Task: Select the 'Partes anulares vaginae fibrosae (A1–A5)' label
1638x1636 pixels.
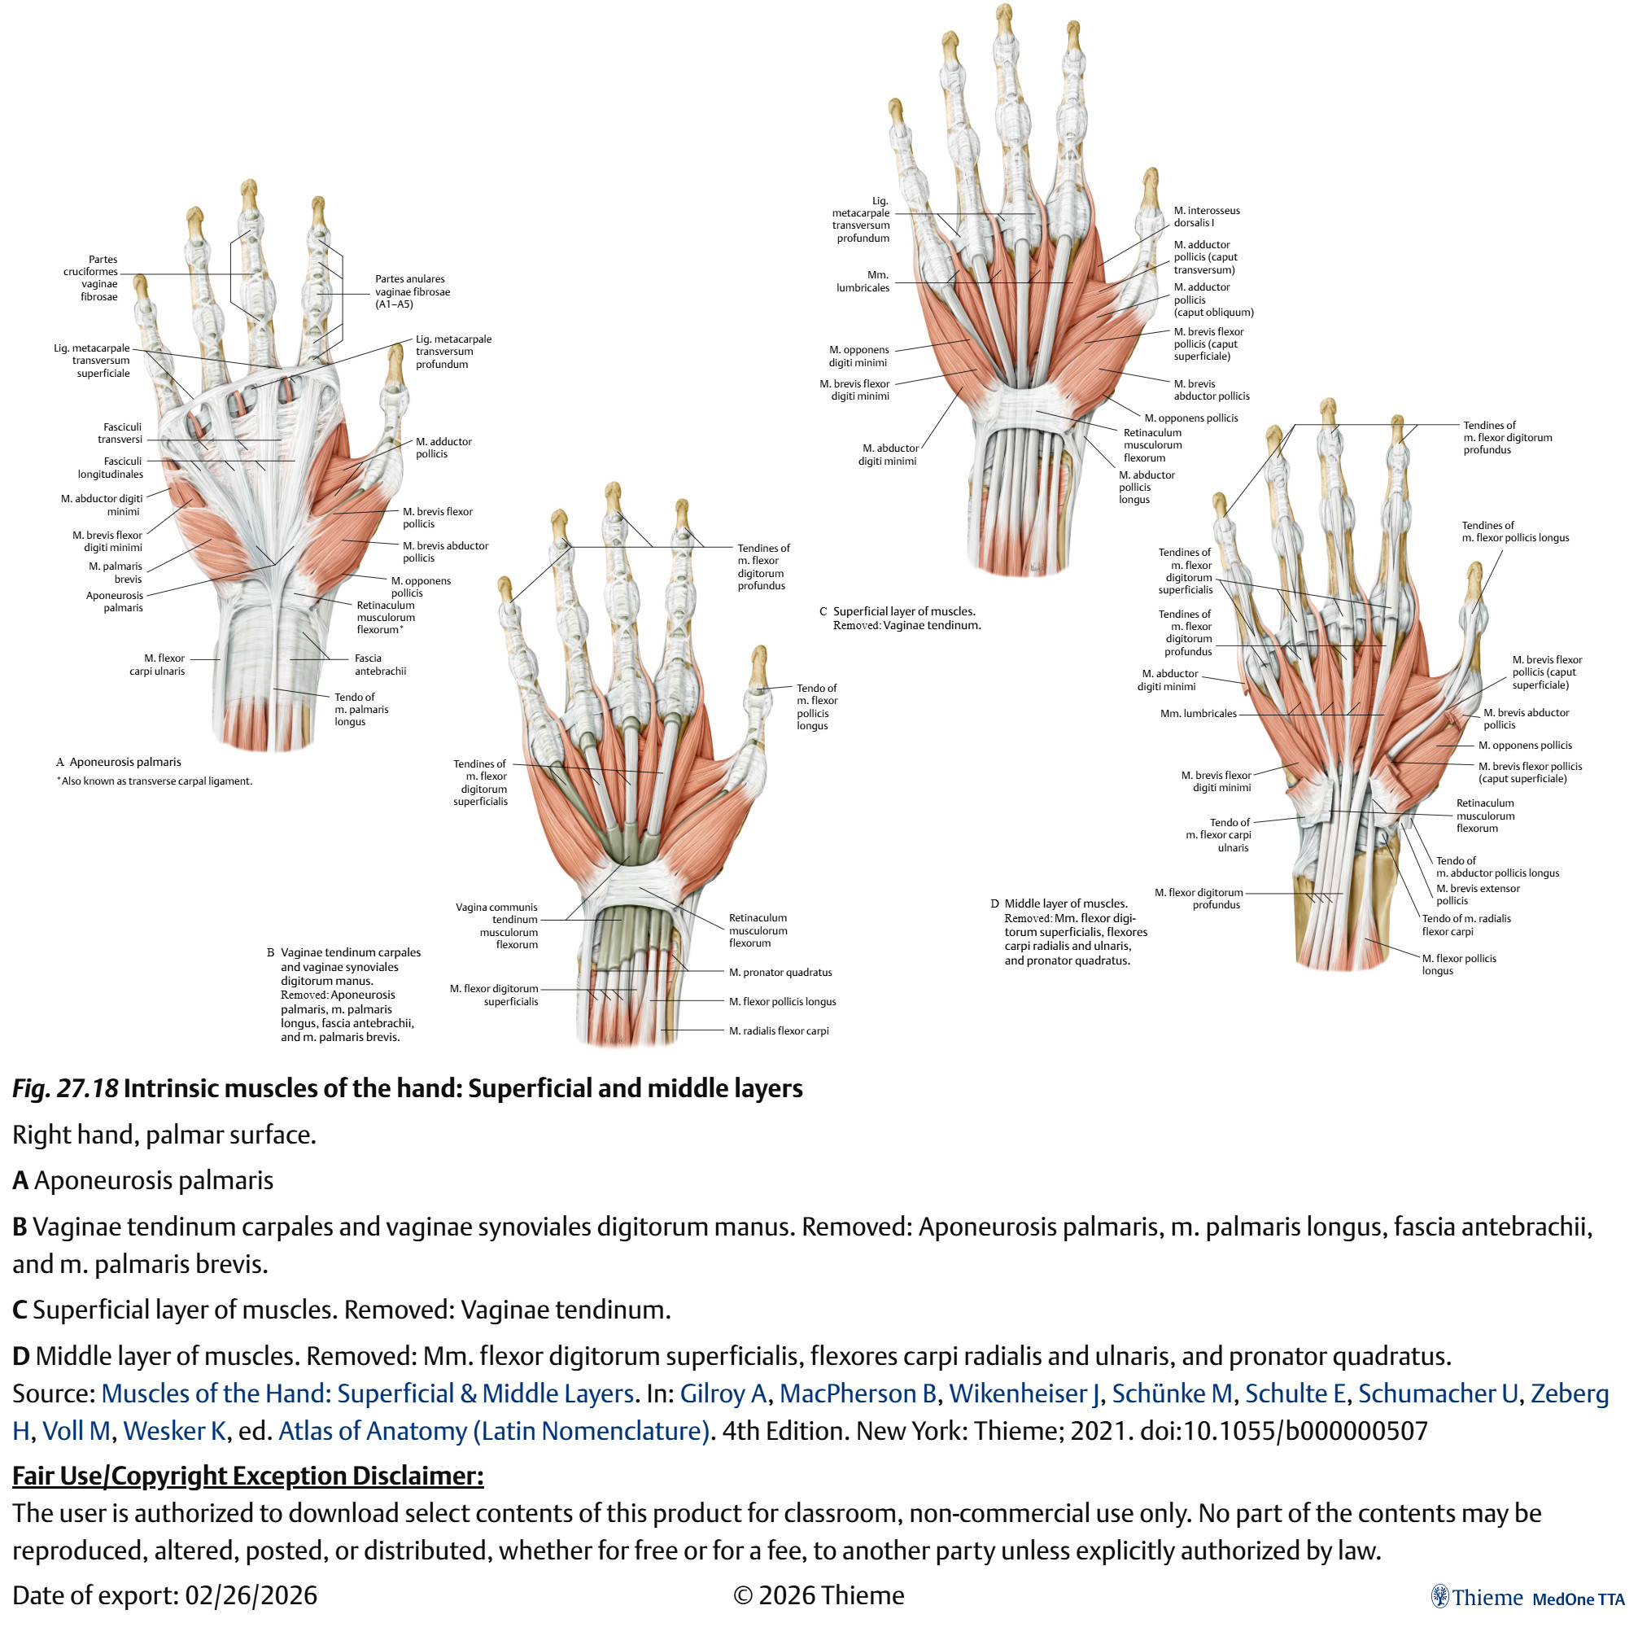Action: (413, 291)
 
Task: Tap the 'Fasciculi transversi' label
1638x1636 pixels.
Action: (120, 433)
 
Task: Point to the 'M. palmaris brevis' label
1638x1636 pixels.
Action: (116, 572)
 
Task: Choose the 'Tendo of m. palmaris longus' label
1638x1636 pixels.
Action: (361, 710)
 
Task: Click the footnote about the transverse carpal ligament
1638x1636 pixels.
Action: (155, 781)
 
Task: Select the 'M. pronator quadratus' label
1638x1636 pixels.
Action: (781, 973)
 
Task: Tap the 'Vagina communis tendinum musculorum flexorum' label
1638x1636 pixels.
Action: (497, 926)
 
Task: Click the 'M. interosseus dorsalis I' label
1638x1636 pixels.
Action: (1208, 217)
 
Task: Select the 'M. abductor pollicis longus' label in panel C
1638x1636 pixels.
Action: (1147, 488)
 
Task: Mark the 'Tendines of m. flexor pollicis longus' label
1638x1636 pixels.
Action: (1516, 531)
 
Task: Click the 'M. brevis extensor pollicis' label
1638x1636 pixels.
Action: (1478, 895)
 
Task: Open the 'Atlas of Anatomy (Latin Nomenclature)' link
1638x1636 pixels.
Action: (493, 1431)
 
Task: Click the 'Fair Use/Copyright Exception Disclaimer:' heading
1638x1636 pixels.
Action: (247, 1476)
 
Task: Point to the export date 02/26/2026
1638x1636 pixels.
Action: (251, 1595)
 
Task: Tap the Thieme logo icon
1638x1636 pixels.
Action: (1439, 1596)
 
